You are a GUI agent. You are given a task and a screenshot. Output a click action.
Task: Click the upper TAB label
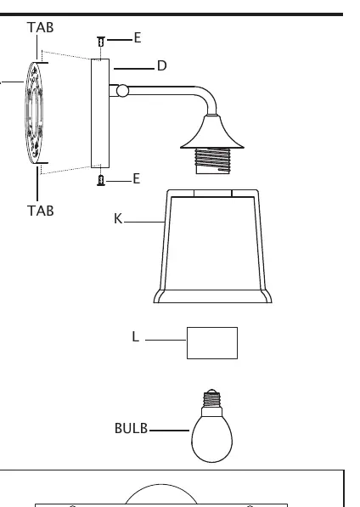[41, 27]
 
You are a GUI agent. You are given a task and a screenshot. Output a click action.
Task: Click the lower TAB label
[41, 211]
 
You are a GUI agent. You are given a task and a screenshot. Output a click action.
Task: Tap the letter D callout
[162, 65]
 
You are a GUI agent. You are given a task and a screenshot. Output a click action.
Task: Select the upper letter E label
[138, 38]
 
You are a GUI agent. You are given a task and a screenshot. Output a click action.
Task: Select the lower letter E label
[137, 179]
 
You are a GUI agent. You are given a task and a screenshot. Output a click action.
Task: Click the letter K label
[118, 218]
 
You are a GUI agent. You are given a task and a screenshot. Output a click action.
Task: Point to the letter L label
[135, 336]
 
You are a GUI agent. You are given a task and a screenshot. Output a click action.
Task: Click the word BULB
[132, 428]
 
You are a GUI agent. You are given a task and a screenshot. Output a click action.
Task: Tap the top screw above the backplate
[101, 42]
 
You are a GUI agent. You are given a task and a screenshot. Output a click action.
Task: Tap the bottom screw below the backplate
[101, 180]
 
